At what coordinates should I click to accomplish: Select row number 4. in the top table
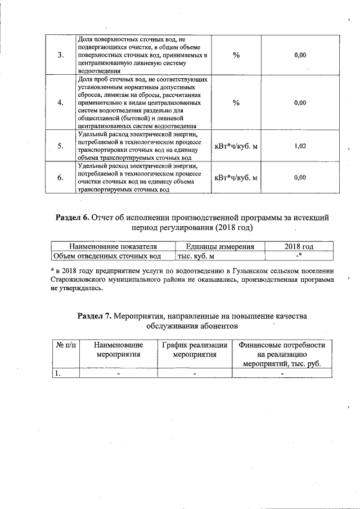[x=61, y=103]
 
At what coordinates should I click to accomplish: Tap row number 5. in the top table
[x=61, y=146]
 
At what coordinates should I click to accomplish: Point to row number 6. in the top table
[x=61, y=178]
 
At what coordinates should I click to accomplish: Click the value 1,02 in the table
[x=300, y=146]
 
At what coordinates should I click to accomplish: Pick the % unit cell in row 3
[x=236, y=55]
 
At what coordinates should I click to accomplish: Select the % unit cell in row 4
[x=236, y=103]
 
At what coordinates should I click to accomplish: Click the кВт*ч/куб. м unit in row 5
[x=236, y=146]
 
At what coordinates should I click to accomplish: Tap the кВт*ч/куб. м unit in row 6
[x=236, y=178]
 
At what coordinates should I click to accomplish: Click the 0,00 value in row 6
[x=300, y=178]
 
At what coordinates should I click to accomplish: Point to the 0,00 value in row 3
[x=300, y=55]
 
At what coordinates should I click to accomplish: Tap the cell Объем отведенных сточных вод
[x=107, y=256]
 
